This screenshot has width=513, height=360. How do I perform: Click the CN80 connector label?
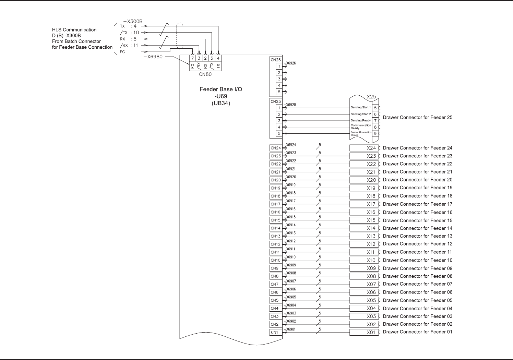(x=205, y=74)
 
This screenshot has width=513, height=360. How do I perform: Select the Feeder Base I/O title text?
(x=221, y=89)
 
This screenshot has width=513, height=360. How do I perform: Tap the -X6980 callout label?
(x=153, y=57)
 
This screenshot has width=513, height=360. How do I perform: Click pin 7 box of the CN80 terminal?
(x=193, y=58)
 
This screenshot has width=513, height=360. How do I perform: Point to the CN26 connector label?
(x=275, y=60)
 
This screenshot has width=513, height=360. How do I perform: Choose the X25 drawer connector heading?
(x=371, y=97)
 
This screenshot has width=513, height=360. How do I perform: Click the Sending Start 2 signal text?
(x=360, y=114)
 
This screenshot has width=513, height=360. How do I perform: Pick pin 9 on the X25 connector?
(x=375, y=133)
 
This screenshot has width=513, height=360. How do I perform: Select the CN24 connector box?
(x=276, y=148)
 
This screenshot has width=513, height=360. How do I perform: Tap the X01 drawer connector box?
(x=364, y=332)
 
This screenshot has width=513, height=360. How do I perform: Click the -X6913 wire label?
(x=290, y=233)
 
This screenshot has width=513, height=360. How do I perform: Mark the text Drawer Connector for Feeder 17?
(x=417, y=204)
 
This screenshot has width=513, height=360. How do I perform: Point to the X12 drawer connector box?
(x=364, y=244)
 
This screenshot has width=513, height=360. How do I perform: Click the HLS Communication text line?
(x=74, y=30)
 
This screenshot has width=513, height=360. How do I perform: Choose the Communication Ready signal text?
(x=360, y=127)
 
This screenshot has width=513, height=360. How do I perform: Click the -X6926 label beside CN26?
(x=290, y=63)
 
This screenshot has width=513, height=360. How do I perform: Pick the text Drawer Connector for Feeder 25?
(x=417, y=117)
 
